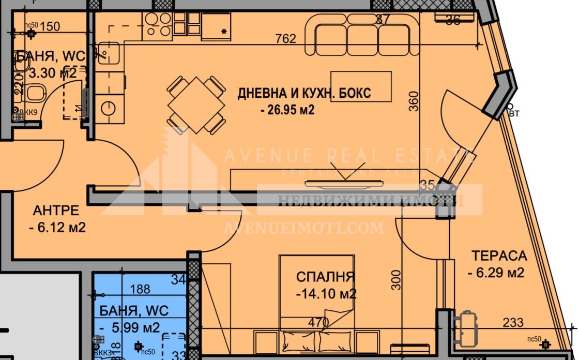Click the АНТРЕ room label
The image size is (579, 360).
coord(56,211)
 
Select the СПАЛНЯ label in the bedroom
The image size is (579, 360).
coord(326,277)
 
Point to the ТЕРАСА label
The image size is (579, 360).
coord(499,256)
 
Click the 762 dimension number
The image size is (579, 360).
coord(286,39)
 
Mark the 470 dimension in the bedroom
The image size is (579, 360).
coord(319,322)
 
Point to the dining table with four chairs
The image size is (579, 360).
coord(196,105)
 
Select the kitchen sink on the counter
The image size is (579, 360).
coord(106,52)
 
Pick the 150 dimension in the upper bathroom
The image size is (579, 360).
coord(50,26)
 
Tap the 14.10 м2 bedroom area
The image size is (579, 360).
coord(326,294)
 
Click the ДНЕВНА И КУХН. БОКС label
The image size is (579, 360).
coord(304,94)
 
